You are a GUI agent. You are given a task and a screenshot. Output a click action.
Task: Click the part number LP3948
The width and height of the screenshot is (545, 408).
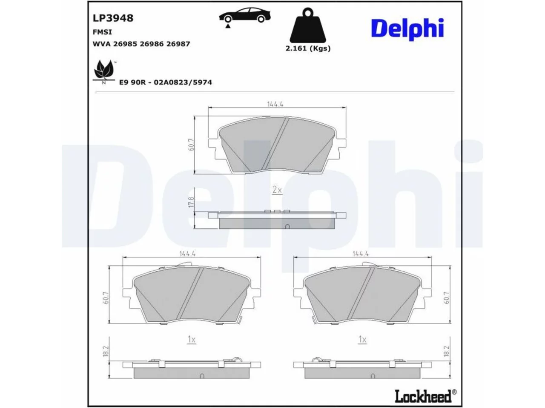(x=113, y=18)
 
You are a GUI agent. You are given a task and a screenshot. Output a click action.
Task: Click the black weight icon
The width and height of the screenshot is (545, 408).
(x=308, y=25)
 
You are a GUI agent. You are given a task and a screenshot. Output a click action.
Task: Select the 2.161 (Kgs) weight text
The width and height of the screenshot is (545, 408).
(x=308, y=48)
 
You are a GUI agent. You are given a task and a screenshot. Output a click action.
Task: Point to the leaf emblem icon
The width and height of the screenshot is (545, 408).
(x=104, y=72)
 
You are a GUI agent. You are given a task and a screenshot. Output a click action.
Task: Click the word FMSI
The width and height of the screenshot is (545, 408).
(x=102, y=32)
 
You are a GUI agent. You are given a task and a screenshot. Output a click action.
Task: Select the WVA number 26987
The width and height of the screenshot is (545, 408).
(x=178, y=44)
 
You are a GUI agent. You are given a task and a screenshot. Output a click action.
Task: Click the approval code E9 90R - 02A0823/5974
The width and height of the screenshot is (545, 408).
(x=165, y=82)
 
